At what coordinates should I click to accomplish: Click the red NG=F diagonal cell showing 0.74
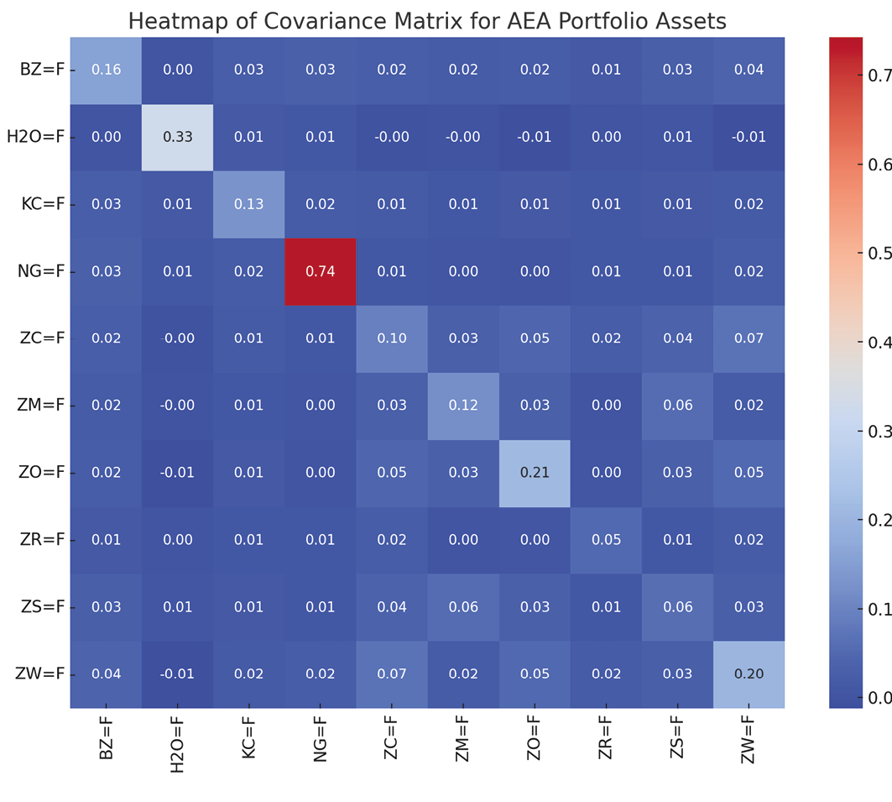321,271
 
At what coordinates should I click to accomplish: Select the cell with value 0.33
177,137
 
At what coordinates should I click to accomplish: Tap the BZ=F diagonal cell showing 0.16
106,70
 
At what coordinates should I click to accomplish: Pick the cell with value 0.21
535,473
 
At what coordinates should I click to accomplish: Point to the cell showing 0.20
749,674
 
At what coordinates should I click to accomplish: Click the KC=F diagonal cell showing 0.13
249,204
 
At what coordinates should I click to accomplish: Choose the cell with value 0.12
463,406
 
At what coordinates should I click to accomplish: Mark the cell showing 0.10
392,338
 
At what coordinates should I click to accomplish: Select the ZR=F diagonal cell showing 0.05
606,540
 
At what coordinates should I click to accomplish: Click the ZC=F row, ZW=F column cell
749,338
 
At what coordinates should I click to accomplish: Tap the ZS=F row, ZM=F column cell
463,607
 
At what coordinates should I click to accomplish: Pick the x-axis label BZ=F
106,739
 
